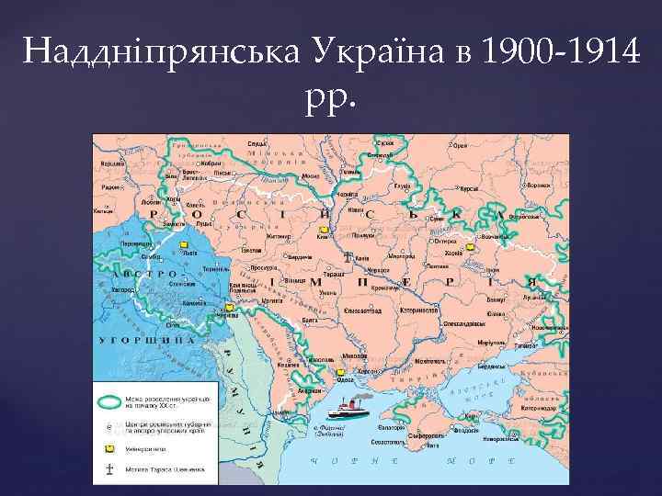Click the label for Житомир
tap(254, 235)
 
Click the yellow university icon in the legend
tap(112, 448)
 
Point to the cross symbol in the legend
tap(112, 469)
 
